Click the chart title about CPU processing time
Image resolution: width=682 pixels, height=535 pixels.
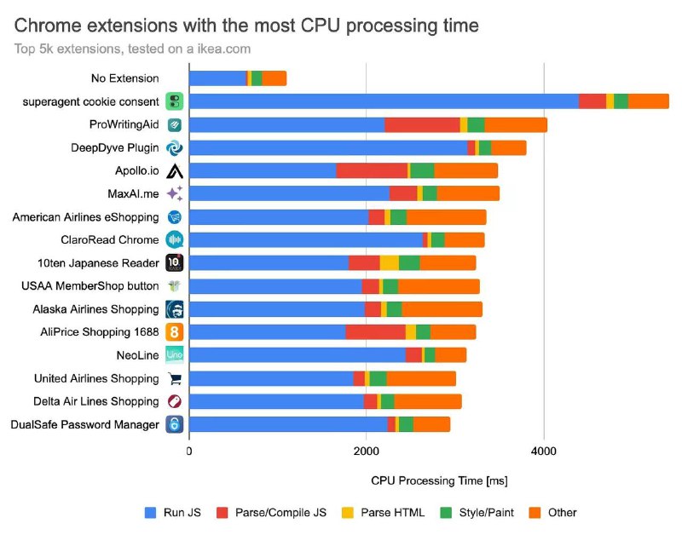click(x=246, y=26)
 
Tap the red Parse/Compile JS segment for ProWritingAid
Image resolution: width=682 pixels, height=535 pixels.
click(x=422, y=124)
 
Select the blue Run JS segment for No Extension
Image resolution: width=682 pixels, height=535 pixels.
click(x=217, y=78)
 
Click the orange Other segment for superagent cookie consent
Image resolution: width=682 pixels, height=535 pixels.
click(x=649, y=101)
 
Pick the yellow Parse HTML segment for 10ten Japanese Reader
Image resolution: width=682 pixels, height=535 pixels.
click(x=390, y=263)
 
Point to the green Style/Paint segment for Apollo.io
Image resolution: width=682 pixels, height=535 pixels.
click(x=422, y=170)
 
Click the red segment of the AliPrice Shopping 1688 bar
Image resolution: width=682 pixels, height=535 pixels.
click(x=375, y=332)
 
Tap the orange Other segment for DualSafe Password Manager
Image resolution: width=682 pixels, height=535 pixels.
click(x=431, y=424)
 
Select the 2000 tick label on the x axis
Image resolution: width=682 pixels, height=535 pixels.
click(x=367, y=452)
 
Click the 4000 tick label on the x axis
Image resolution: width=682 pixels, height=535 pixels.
click(x=544, y=452)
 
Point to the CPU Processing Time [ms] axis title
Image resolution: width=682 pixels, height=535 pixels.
click(x=439, y=480)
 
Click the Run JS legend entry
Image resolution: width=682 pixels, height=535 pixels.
click(x=173, y=513)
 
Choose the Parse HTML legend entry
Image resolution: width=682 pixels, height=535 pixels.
click(x=383, y=513)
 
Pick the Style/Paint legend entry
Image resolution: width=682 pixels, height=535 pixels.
click(x=477, y=513)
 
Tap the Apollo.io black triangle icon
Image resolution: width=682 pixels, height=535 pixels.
click(x=175, y=170)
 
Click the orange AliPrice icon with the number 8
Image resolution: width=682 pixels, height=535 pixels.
click(x=175, y=332)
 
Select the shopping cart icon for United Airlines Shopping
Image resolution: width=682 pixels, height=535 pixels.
click(x=175, y=378)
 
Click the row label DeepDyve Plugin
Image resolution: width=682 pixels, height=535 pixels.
click(x=115, y=147)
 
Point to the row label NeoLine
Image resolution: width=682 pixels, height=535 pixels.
click(x=137, y=355)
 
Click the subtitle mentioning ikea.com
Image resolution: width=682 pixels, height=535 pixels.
click(x=132, y=49)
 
